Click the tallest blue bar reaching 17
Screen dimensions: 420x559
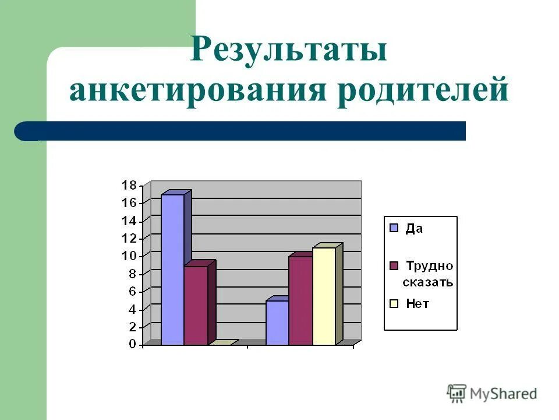pyautogui.click(x=172, y=268)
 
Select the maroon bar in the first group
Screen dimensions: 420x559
pyautogui.click(x=196, y=304)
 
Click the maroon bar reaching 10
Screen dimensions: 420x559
pyautogui.click(x=300, y=300)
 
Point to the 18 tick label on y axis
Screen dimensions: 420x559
pyautogui.click(x=129, y=185)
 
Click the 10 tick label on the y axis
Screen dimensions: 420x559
pyautogui.click(x=129, y=256)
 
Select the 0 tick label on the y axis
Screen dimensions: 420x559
pyautogui.click(x=132, y=344)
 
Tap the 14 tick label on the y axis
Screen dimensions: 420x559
pyautogui.click(x=129, y=221)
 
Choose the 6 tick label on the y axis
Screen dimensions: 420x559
pyautogui.click(x=132, y=291)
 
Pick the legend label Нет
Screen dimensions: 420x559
pyautogui.click(x=418, y=304)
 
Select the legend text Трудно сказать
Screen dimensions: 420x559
pyautogui.click(x=429, y=274)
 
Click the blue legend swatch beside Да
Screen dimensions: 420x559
pyautogui.click(x=394, y=228)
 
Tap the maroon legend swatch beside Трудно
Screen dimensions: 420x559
pyautogui.click(x=394, y=266)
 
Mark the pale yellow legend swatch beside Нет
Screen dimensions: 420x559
pyautogui.click(x=394, y=303)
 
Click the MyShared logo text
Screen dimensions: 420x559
pyautogui.click(x=503, y=394)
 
